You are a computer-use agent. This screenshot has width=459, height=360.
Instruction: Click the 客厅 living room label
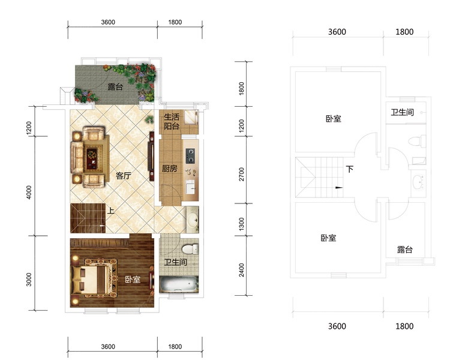click(x=123, y=176)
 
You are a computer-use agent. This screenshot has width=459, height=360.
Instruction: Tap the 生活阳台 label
click(x=172, y=121)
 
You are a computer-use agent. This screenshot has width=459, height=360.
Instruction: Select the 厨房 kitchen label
click(x=169, y=169)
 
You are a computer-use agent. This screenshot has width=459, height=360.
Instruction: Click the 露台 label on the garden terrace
click(x=115, y=87)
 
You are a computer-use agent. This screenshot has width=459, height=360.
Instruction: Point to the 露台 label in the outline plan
click(x=405, y=250)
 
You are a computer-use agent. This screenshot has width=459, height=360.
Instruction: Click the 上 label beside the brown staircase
click(x=110, y=211)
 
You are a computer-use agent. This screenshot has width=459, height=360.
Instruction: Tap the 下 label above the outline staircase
click(x=350, y=169)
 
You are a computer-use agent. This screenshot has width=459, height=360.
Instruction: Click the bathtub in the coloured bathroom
click(x=178, y=284)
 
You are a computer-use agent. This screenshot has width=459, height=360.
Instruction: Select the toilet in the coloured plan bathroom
click(x=190, y=250)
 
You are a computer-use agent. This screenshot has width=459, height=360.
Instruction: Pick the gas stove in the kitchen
click(x=190, y=156)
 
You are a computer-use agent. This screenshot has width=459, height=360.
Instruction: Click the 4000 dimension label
click(x=29, y=192)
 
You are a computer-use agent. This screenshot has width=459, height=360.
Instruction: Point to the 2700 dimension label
click(x=242, y=174)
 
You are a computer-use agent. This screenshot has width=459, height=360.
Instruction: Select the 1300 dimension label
click(x=242, y=224)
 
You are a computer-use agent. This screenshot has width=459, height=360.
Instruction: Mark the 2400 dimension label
click(x=242, y=269)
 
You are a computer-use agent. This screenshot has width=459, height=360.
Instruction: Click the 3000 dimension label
click(x=29, y=279)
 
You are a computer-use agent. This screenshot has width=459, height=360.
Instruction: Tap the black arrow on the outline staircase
click(x=338, y=188)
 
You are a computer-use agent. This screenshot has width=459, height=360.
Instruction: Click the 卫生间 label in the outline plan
click(x=403, y=112)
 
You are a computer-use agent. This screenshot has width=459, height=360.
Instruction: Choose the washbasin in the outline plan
click(x=419, y=182)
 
